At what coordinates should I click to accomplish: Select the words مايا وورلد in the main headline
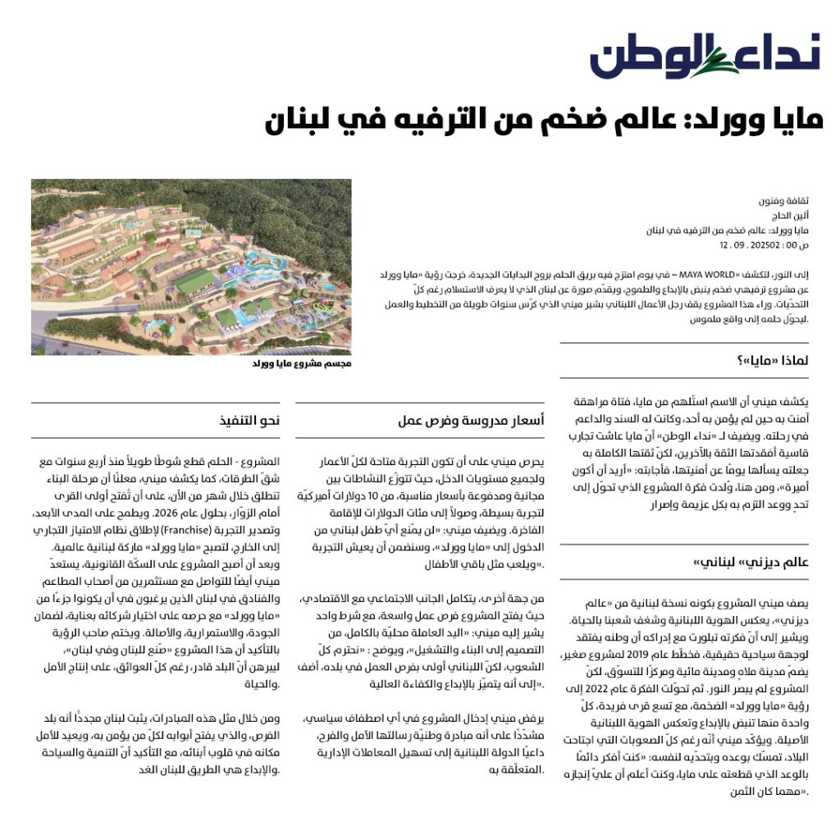pos(743,121)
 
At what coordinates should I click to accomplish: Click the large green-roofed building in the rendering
pos(199,281)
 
